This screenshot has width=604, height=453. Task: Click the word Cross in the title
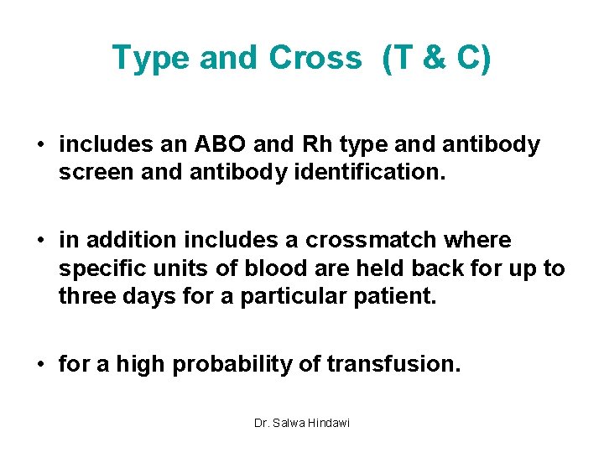tap(315, 58)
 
